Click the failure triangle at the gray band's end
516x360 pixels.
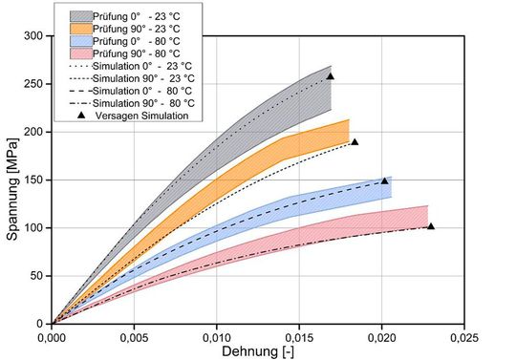(331, 76)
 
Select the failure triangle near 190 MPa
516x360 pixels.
(355, 142)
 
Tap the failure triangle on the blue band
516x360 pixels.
(385, 180)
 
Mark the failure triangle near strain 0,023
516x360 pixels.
(431, 226)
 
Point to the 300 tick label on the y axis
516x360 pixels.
(33, 35)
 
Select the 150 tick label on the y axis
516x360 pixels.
(33, 180)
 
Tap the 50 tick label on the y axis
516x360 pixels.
(36, 276)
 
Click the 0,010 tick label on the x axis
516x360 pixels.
(217, 336)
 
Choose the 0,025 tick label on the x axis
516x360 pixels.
(463, 336)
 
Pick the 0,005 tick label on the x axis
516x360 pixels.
(134, 336)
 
